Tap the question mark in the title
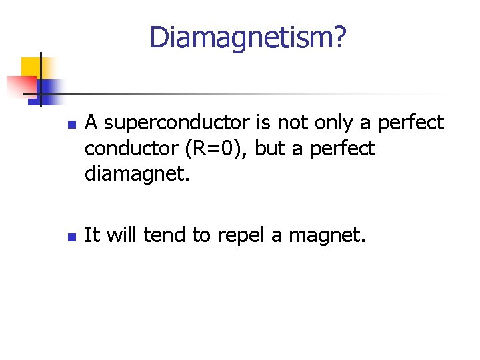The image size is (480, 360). pyautogui.click(x=339, y=37)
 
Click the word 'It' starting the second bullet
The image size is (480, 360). pyautogui.click(x=92, y=235)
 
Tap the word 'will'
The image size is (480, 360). pyautogui.click(x=120, y=235)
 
